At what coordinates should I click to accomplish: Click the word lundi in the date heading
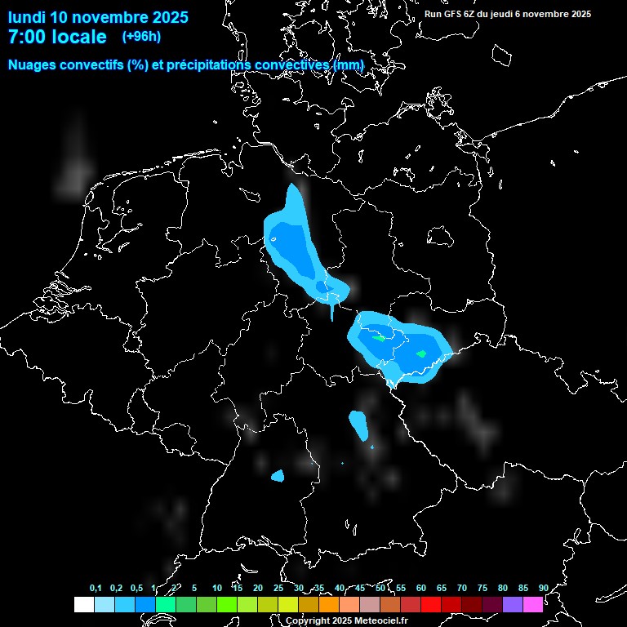coord(26,17)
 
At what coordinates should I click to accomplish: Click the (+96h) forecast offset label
coord(141,37)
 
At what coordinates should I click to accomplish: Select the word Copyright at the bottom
coord(308,621)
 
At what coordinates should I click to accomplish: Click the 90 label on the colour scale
coord(543,588)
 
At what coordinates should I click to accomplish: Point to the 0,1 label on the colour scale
coord(96,588)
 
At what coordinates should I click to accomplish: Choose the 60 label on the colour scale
coord(420,588)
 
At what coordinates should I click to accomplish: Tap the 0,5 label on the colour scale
coord(136,588)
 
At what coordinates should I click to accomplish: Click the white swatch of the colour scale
coord(84,604)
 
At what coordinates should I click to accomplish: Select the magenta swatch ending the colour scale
coord(533,604)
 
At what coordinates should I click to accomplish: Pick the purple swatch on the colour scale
coord(513,604)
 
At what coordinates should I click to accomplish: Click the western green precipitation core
coord(379,336)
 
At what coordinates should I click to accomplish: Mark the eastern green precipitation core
coord(421,354)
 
